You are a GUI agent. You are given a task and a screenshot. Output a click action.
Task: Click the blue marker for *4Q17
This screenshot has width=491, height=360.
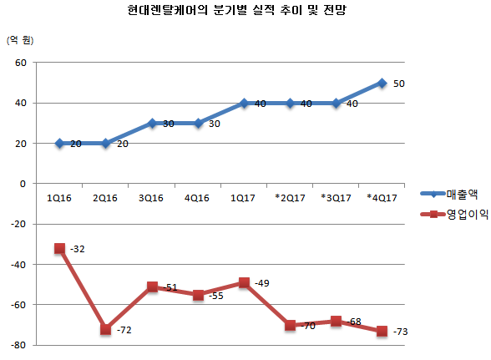click(382, 83)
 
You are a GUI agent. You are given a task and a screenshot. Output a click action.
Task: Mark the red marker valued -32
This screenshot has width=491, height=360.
click(59, 248)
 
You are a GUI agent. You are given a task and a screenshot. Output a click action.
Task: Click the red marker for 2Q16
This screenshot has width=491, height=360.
click(105, 329)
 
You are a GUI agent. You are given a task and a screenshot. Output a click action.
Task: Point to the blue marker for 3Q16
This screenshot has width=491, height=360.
click(151, 123)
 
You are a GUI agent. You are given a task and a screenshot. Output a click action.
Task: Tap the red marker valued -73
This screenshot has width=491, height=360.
click(382, 331)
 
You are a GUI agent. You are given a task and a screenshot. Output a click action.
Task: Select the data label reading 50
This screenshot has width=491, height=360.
click(398, 84)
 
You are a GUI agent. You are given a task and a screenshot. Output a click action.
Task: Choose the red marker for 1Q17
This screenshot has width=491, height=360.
click(244, 282)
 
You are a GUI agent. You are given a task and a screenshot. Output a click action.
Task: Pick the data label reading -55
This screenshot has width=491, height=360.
click(216, 295)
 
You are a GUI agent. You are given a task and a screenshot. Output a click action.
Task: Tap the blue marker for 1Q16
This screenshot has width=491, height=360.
click(59, 143)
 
